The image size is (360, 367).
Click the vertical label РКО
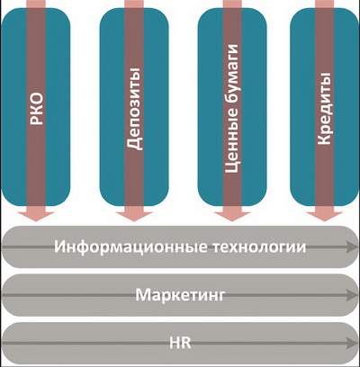tap(37, 109)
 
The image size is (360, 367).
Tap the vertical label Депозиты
tap(134, 109)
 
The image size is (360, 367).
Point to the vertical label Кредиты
tap(324, 108)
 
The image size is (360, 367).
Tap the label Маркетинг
tap(180, 295)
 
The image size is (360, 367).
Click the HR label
tap(180, 343)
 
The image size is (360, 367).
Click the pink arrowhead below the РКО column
tap(36, 215)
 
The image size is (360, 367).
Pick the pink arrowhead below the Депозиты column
tap(134, 215)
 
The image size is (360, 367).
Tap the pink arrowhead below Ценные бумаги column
tap(232, 215)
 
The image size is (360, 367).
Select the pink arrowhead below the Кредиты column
tap(324, 215)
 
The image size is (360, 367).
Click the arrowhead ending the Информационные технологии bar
tap(351, 247)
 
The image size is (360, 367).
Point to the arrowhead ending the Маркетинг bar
tap(351, 295)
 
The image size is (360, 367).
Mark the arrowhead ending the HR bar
tap(351, 343)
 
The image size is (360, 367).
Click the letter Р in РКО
tap(37, 120)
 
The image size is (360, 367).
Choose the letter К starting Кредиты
tap(324, 139)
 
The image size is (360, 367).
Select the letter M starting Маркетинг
tap(142, 294)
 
